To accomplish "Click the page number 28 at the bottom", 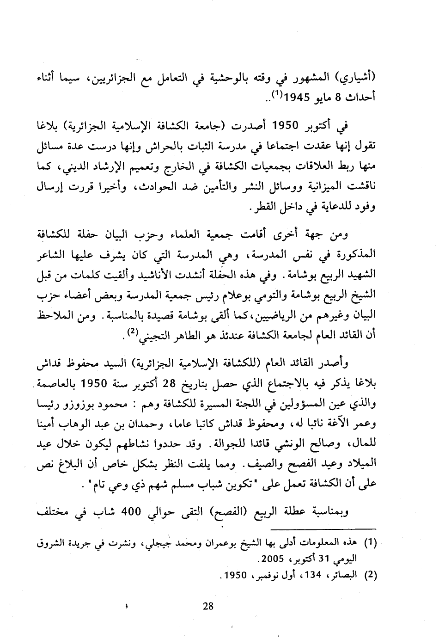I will point(208,606).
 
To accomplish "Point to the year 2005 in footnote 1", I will point(273,559).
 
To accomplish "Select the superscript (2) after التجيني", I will point(131,332).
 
